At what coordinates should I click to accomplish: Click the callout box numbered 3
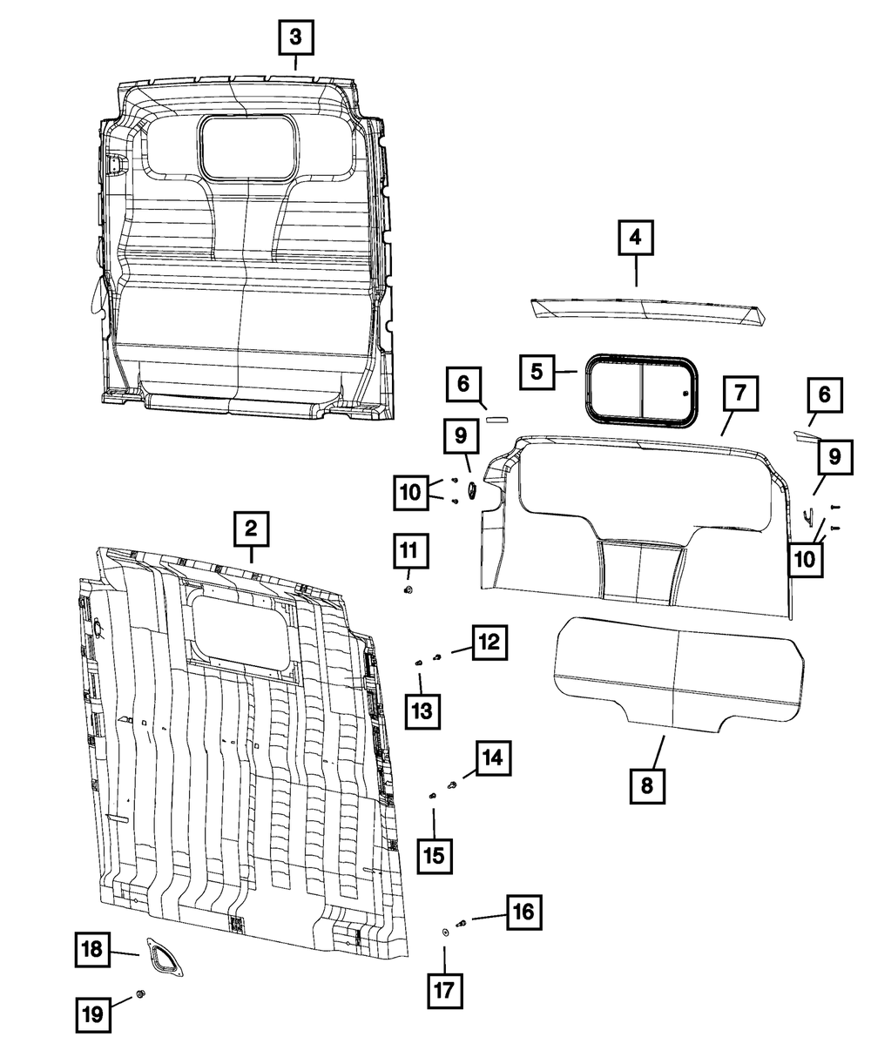tap(295, 37)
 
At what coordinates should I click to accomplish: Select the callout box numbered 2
tap(251, 528)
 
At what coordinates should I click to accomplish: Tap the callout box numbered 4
tap(636, 237)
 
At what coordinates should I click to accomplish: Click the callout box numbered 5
tap(537, 371)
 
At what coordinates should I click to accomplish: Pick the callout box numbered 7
tap(739, 394)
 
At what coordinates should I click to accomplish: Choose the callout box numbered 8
tap(646, 785)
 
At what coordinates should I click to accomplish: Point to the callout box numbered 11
tap(408, 552)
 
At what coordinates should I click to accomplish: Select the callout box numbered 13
tap(422, 711)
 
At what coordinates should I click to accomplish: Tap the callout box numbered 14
tap(493, 758)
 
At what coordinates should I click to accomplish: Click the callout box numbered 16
tap(523, 913)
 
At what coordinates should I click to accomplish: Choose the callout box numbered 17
tap(444, 990)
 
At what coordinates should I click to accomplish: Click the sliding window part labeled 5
tap(642, 393)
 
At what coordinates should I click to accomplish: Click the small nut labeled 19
tap(142, 995)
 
